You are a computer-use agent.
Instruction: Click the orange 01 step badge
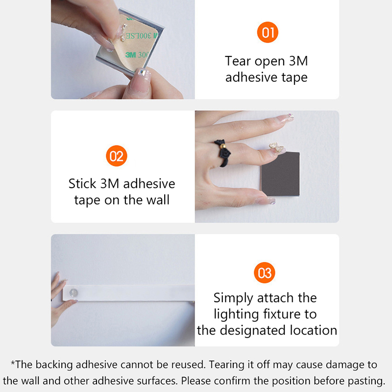point(268,32)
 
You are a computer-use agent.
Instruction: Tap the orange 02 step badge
point(117,156)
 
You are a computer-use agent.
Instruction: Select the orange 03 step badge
point(265,272)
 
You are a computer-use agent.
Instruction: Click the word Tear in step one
point(238,61)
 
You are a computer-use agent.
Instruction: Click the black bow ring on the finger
point(222,152)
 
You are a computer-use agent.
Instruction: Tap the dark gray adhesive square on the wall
point(280,174)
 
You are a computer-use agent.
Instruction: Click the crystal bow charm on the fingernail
point(277,148)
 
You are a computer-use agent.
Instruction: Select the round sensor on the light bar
point(73,293)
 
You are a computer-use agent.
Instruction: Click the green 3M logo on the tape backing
point(130,54)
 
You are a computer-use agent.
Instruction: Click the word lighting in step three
point(236,315)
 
